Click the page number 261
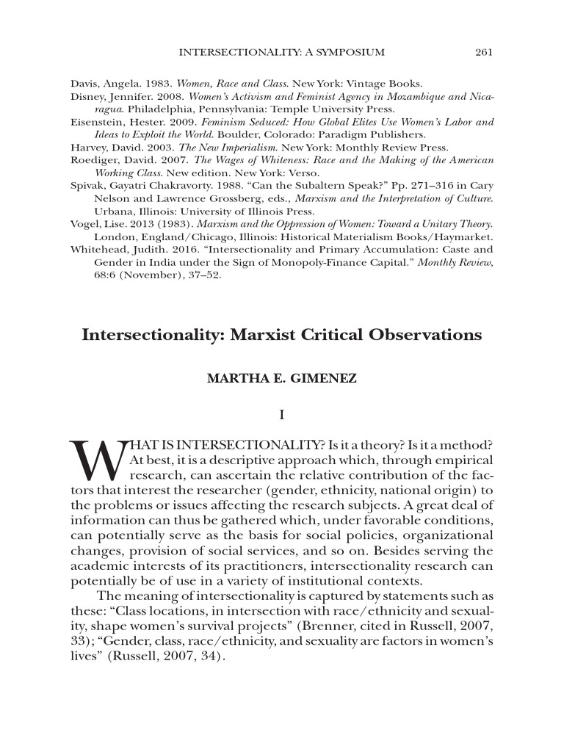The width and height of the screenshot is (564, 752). [483, 52]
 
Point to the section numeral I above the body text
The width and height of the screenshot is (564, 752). [281, 416]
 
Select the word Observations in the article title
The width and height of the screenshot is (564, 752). [425, 335]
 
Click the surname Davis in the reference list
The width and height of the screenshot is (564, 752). [84, 83]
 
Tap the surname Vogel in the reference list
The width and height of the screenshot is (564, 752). [84, 224]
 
